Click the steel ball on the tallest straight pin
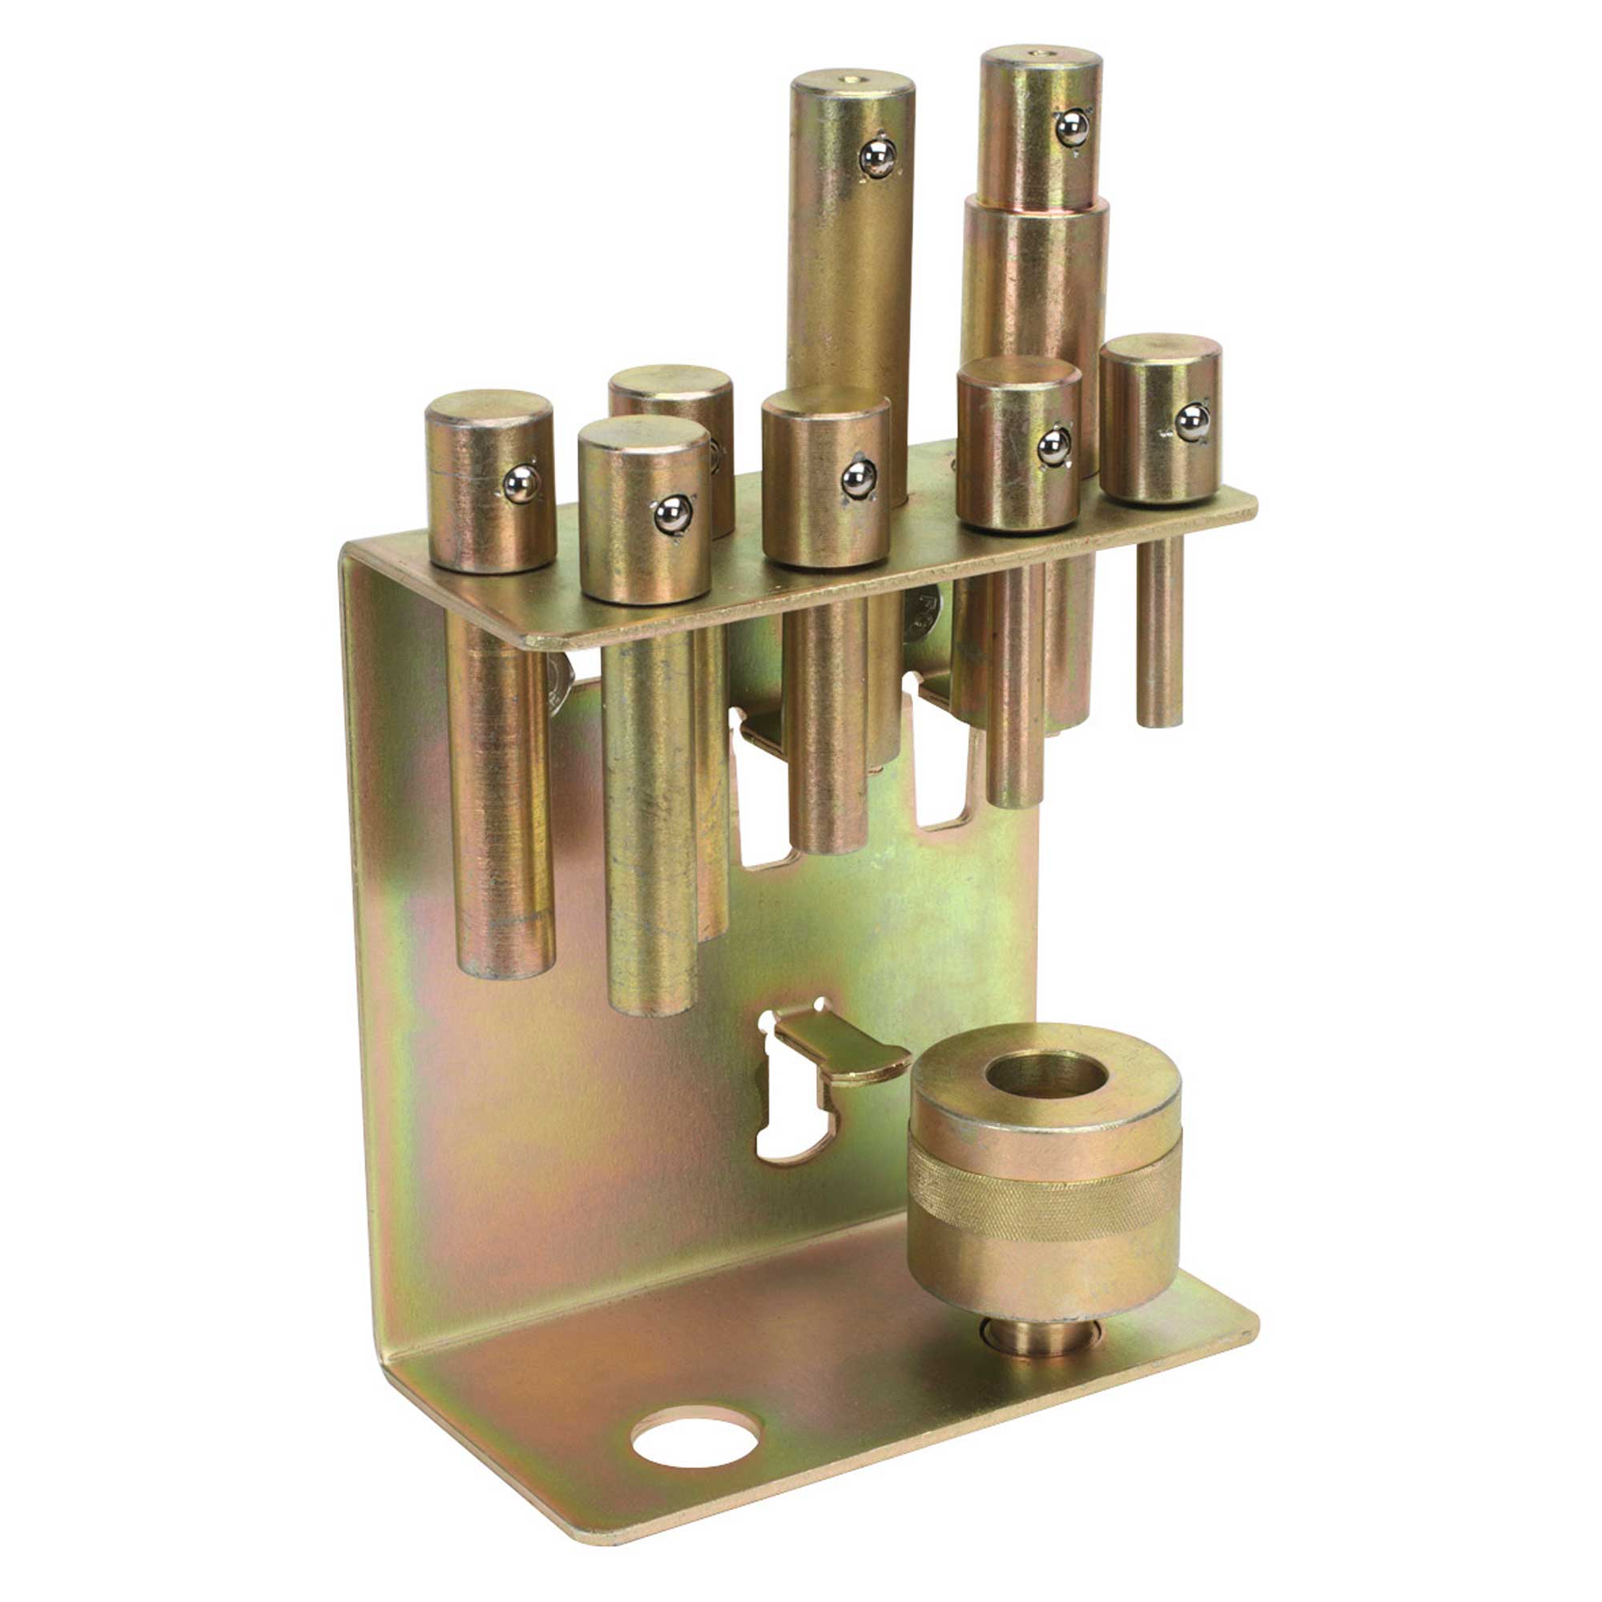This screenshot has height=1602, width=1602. click(876, 158)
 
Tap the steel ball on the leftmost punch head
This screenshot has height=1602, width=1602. click(521, 484)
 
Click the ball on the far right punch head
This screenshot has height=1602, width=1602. click(1193, 422)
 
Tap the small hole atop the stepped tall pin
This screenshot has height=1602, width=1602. click(1040, 53)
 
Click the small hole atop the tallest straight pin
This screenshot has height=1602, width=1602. click(850, 79)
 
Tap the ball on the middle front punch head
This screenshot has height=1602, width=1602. click(858, 478)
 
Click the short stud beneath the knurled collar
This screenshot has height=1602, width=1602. click(1041, 1337)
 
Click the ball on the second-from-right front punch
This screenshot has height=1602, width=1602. click(1053, 448)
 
